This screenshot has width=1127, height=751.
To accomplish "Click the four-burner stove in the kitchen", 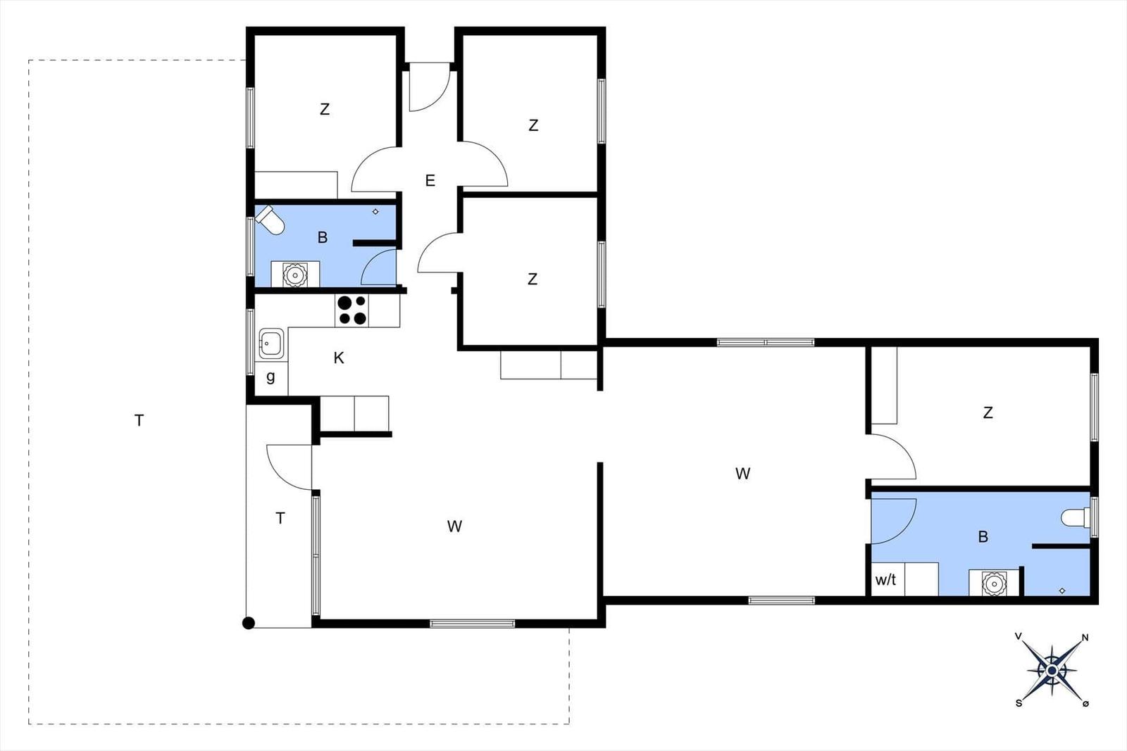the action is pos(351,310).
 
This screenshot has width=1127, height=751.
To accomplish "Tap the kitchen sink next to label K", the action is pos(271,344).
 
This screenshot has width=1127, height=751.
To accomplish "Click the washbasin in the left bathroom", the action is pos(295,274).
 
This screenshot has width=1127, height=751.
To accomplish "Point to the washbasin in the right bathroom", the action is pos(994,583).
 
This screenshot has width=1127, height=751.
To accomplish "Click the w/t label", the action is pos(885,579).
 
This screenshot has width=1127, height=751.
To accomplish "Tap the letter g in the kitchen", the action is pos(270,377).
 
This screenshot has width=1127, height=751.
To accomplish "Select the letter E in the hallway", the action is pos(430,180).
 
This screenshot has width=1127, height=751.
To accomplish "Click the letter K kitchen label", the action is pos(339,358).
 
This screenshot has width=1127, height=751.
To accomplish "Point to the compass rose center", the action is pos(1052,670).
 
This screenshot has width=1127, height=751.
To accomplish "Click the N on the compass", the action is pos(1085,638).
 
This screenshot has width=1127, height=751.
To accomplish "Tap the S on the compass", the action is pos(1019,703).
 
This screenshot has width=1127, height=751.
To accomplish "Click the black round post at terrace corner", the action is pos(249,624).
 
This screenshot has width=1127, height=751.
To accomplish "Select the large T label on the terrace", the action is pos(139,420).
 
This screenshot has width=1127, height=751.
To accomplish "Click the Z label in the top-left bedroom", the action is pos(325,109).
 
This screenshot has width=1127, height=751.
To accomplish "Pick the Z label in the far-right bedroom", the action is pos(988,412).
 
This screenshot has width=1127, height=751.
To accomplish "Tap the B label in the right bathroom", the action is pos(983,537).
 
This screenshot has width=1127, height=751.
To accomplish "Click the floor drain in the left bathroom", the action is pos(375,212).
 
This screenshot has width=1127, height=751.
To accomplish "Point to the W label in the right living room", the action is pos(742,474).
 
